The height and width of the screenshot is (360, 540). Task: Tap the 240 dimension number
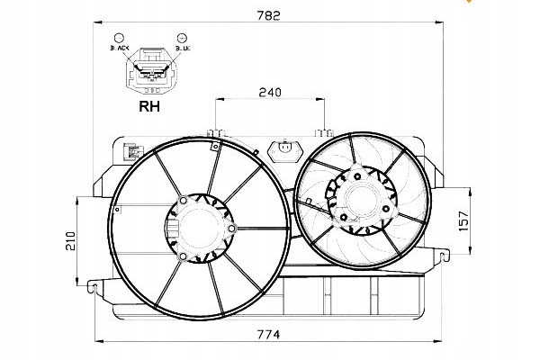(269, 91)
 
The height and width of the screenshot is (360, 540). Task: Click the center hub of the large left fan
(199, 229)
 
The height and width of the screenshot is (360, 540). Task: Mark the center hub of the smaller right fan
(359, 200)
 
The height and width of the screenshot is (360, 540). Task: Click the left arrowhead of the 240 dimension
(216, 100)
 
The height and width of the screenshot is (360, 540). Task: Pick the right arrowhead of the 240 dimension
(322, 100)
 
